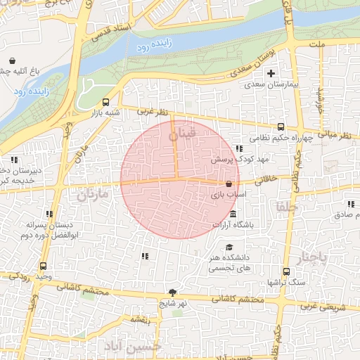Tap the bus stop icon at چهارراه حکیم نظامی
click(281, 127)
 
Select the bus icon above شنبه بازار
click(106, 101)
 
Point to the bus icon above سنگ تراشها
click(286, 271)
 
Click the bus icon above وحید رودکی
click(44, 266)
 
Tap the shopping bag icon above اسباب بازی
click(229, 183)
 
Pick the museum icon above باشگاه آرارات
click(233, 214)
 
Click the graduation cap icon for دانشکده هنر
click(230, 247)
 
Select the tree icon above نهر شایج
click(172, 292)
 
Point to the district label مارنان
click(93, 193)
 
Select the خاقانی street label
click(279, 180)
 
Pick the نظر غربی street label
click(153, 111)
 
